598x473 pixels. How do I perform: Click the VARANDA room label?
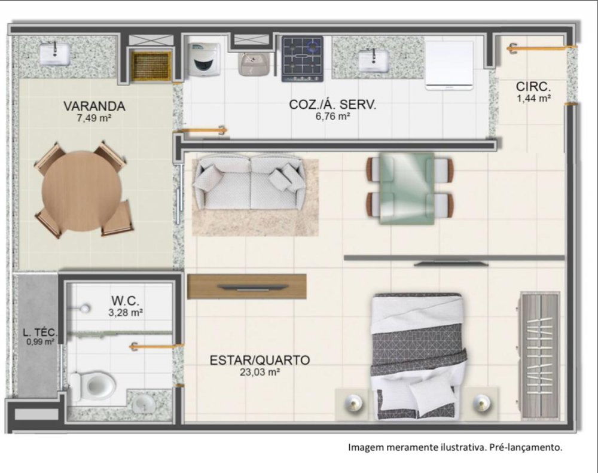tap(94, 106)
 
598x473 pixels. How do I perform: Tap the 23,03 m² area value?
tap(260, 372)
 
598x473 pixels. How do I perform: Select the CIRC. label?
tap(533, 86)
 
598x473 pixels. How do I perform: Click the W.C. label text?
tap(125, 301)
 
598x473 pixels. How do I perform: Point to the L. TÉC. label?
tap(40, 332)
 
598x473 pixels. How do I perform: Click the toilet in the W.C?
tap(93, 387)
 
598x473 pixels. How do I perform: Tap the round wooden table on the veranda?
tap(82, 191)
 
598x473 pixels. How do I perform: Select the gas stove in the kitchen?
tap(303, 59)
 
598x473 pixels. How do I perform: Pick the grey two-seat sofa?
tap(249, 182)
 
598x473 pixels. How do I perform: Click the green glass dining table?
tap(407, 188)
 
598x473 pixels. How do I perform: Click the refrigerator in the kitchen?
tap(450, 65)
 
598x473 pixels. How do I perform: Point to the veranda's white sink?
tap(55, 53)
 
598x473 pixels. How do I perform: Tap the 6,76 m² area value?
tap(332, 117)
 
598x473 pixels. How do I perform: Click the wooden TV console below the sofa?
tap(247, 286)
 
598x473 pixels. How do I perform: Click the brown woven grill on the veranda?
tap(151, 66)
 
